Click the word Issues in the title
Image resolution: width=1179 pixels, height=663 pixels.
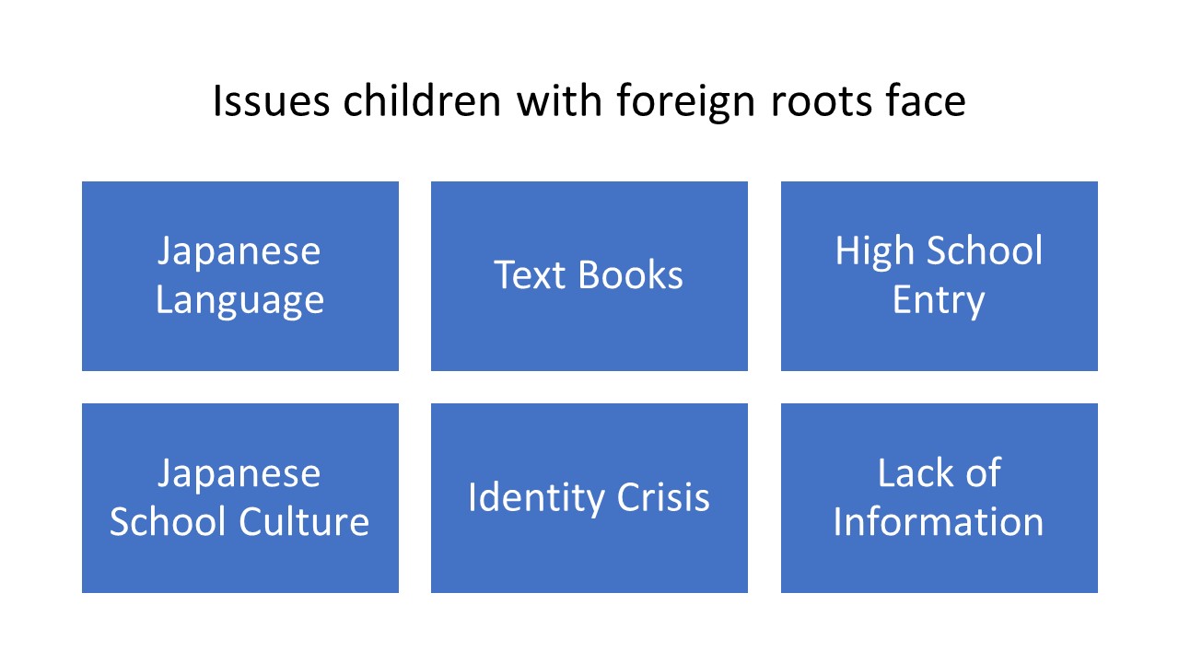[271, 100]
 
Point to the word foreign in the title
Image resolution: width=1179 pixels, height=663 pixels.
[686, 102]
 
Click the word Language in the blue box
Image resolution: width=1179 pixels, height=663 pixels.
[239, 301]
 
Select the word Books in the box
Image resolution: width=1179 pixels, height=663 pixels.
[630, 274]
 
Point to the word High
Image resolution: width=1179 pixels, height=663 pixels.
[874, 252]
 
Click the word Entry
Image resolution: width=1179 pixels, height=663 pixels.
[939, 301]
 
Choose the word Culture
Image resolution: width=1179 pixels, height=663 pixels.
[304, 521]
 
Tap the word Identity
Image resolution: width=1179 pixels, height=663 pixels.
[536, 498]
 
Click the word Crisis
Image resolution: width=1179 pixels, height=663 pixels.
[662, 496]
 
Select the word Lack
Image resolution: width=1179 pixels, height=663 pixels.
[916, 472]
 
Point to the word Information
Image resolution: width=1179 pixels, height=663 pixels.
[939, 521]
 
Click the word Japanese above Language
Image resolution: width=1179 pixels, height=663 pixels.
[239, 252]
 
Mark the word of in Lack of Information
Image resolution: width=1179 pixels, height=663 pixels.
[983, 472]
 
